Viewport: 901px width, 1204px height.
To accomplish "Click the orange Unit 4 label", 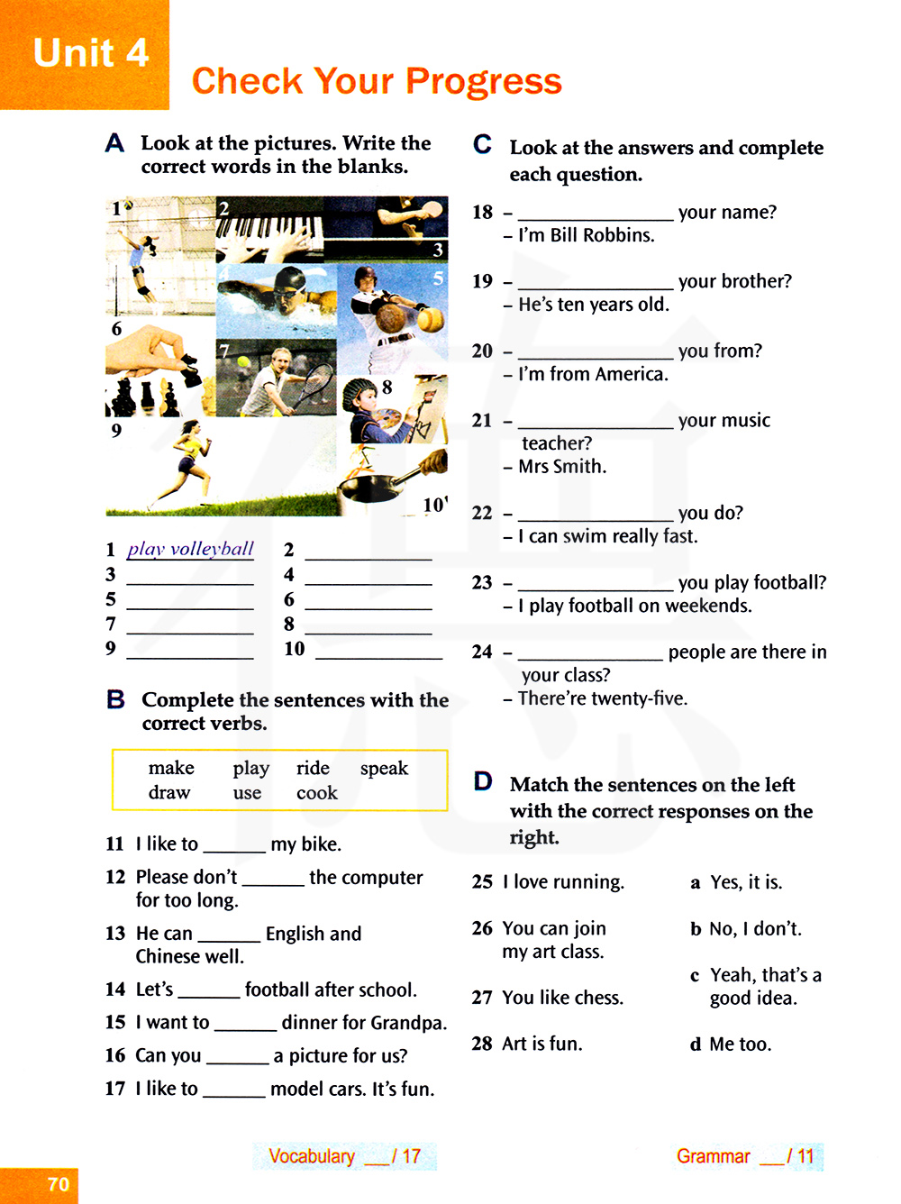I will click(90, 53).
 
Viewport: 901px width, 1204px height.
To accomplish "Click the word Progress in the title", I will click(484, 82).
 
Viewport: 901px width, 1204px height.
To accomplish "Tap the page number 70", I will click(59, 1184).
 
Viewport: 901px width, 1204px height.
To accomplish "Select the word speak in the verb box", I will click(384, 768).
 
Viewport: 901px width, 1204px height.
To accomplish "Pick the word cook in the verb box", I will click(316, 793).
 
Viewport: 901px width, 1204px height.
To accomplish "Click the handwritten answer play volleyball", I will click(190, 549).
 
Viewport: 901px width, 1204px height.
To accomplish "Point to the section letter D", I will click(483, 780).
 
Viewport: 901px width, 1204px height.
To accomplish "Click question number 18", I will click(482, 213).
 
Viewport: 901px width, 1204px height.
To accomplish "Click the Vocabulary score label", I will click(312, 1156).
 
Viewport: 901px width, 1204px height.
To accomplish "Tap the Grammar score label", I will click(713, 1156).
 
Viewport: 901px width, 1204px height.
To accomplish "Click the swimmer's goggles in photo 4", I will click(290, 295).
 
